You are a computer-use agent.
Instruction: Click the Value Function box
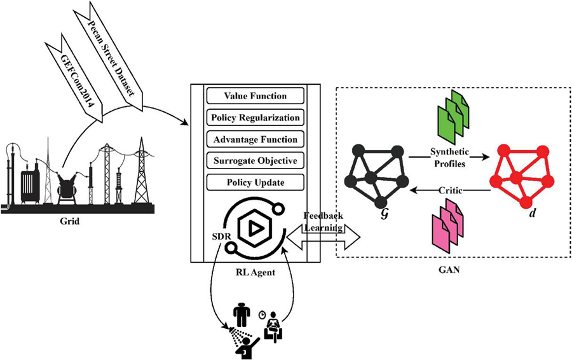[x=255, y=96]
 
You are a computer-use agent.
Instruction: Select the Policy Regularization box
[x=255, y=118]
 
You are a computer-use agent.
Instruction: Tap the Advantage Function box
[x=255, y=139]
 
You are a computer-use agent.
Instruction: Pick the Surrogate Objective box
[x=255, y=161]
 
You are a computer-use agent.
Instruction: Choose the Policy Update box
[x=255, y=183]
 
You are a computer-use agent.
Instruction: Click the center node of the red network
[x=516, y=176]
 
